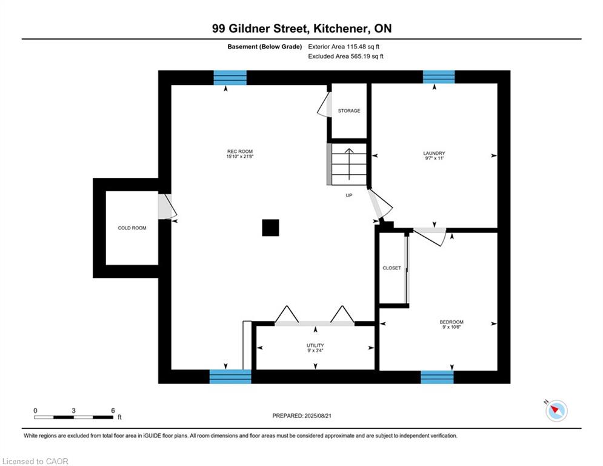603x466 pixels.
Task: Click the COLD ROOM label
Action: (132, 228)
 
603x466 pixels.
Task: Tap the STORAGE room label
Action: (349, 110)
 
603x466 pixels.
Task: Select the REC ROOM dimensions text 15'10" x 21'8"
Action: (240, 157)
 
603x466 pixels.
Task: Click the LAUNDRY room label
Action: (434, 154)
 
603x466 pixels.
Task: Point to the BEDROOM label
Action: (451, 322)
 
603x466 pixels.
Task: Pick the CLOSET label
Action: (391, 268)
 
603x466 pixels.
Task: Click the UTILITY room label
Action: (315, 345)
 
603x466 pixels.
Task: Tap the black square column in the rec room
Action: (270, 228)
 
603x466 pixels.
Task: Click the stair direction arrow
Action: (349, 164)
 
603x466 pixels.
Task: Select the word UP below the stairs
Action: (349, 195)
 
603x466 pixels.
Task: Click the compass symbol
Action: (556, 411)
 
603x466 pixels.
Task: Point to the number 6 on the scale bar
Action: (113, 411)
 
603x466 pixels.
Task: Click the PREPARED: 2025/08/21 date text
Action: (302, 416)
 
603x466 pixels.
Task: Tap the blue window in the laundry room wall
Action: (439, 76)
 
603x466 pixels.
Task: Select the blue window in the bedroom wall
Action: (437, 377)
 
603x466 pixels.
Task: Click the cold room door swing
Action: (167, 206)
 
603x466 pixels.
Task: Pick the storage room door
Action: (325, 104)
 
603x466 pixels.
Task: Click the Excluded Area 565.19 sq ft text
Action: (345, 56)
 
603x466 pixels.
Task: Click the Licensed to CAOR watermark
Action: (35, 461)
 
